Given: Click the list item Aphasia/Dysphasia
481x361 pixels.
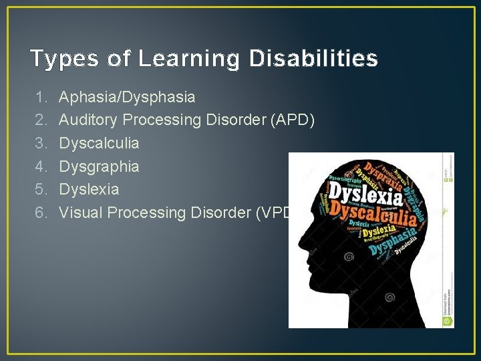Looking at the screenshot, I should click(127, 98).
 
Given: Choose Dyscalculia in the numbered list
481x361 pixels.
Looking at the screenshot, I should click(99, 143).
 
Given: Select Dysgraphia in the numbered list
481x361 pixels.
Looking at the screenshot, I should click(99, 166).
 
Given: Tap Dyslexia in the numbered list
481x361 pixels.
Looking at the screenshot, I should click(89, 189).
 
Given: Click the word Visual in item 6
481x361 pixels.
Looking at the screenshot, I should click(79, 213).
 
